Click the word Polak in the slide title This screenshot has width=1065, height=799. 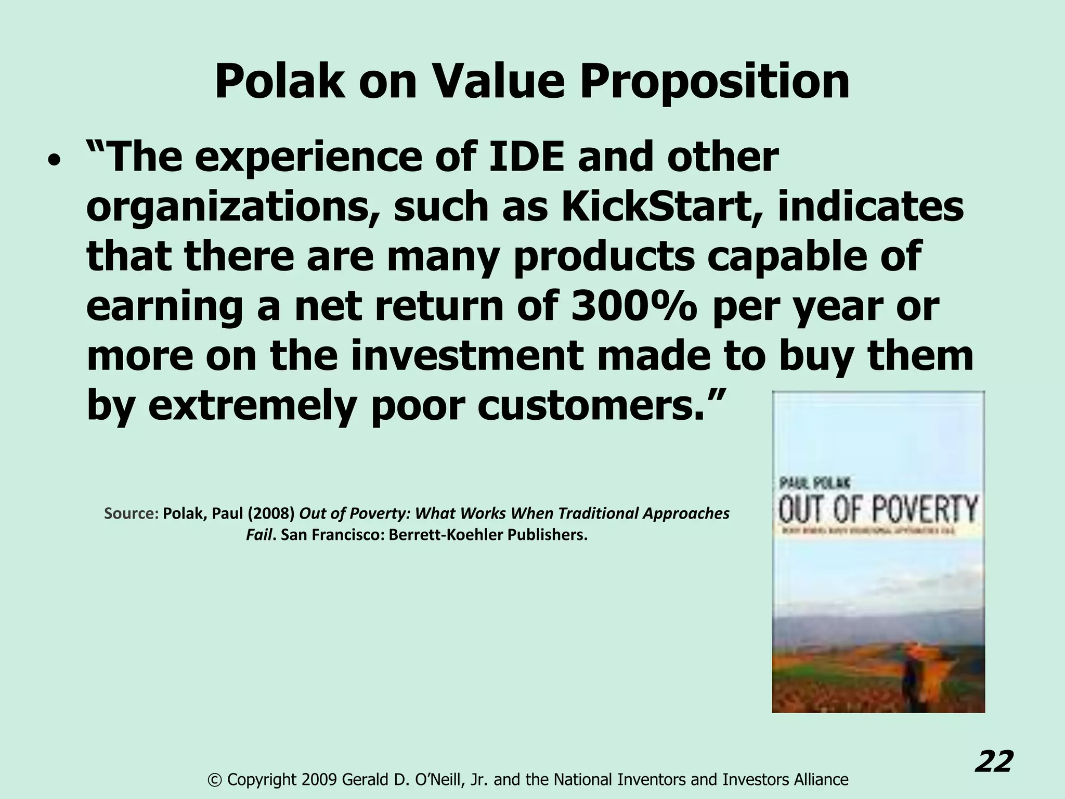279,82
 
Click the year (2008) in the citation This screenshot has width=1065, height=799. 271,513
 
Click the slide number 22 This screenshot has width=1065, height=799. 994,762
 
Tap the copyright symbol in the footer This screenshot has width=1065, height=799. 214,779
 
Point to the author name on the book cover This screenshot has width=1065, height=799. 814,483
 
